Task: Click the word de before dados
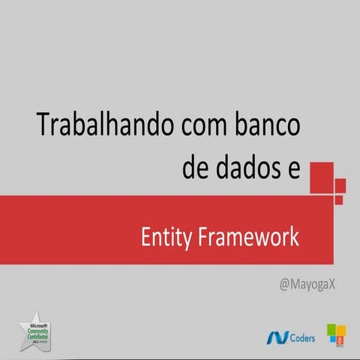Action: pos(197,167)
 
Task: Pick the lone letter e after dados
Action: pos(292,169)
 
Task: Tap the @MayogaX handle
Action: pos(307,284)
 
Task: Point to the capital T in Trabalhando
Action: pos(43,125)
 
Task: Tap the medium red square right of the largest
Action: pos(340,185)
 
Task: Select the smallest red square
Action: pos(339,199)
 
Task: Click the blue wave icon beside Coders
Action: pos(276,337)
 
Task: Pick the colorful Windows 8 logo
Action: pos(335,334)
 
